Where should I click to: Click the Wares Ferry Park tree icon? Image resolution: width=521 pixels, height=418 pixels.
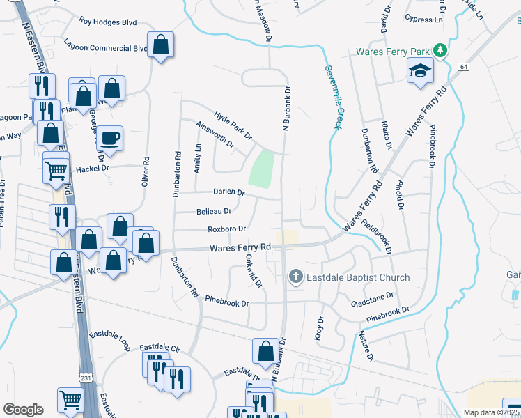pyautogui.click(x=440, y=51)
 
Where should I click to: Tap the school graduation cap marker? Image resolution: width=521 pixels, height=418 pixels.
pyautogui.click(x=420, y=71)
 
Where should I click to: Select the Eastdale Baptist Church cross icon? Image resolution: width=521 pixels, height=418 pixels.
pyautogui.click(x=295, y=277)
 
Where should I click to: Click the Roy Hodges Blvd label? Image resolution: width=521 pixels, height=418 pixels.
pyautogui.click(x=107, y=22)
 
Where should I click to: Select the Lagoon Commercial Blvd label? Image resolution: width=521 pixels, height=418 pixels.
pyautogui.click(x=104, y=48)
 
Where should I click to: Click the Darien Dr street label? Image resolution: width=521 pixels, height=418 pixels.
pyautogui.click(x=229, y=192)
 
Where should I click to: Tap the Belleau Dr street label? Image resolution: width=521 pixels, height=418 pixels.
pyautogui.click(x=215, y=210)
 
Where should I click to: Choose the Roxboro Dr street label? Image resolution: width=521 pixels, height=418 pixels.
pyautogui.click(x=227, y=229)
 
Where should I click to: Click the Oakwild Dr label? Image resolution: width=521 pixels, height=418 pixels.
pyautogui.click(x=254, y=270)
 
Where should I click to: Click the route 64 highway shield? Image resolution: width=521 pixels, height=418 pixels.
pyautogui.click(x=462, y=65)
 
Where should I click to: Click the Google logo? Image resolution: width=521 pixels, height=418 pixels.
pyautogui.click(x=24, y=409)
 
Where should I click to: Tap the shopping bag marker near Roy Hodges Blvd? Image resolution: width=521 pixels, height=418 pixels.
pyautogui.click(x=160, y=46)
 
